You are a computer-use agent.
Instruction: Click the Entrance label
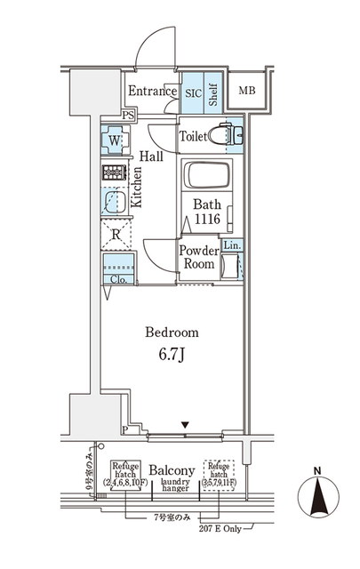152,91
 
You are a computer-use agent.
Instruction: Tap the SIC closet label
192,92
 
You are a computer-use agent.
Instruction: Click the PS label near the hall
128,115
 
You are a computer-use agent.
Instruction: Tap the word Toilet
195,137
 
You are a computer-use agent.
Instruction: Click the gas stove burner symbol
115,173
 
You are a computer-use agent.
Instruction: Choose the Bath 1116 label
207,210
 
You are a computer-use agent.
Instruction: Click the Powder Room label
199,258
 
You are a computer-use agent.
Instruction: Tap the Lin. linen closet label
230,245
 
